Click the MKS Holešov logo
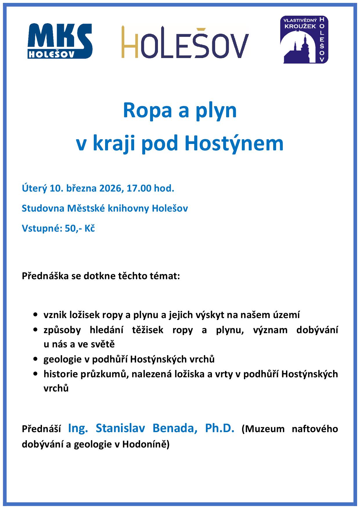click(x=60, y=41)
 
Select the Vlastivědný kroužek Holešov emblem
click(x=304, y=40)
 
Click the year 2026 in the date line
click(x=110, y=189)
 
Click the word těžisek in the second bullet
click(x=147, y=330)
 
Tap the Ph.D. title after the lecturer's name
click(x=219, y=428)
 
